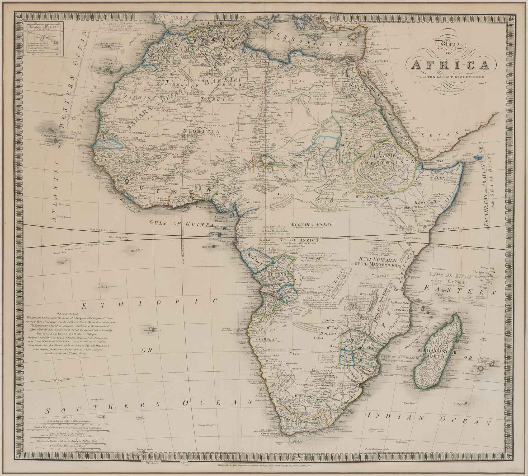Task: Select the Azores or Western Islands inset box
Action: [x=44, y=39]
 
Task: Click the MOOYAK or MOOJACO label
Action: [x=311, y=224]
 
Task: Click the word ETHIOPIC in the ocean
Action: [x=149, y=307]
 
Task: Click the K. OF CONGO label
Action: [x=271, y=274]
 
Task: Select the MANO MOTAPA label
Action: [x=355, y=348]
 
